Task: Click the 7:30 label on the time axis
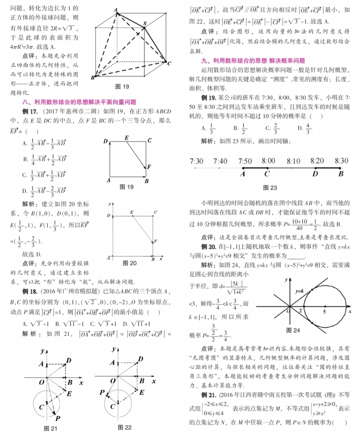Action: [x=196, y=161]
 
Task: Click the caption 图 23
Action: [x=270, y=188]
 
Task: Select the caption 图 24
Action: [x=293, y=331]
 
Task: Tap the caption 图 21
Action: [x=50, y=428]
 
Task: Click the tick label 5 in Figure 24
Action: [x=324, y=311]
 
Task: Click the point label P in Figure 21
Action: [x=58, y=418]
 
